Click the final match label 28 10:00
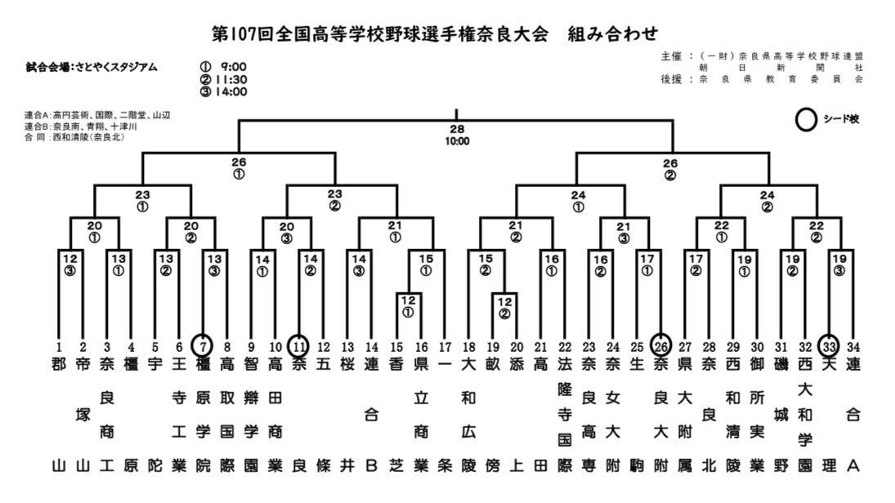(x=457, y=136)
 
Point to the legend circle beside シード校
(x=807, y=120)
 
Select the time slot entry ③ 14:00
(x=223, y=91)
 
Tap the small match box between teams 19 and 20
(x=505, y=306)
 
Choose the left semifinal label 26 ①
(x=239, y=167)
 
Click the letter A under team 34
(x=854, y=467)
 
